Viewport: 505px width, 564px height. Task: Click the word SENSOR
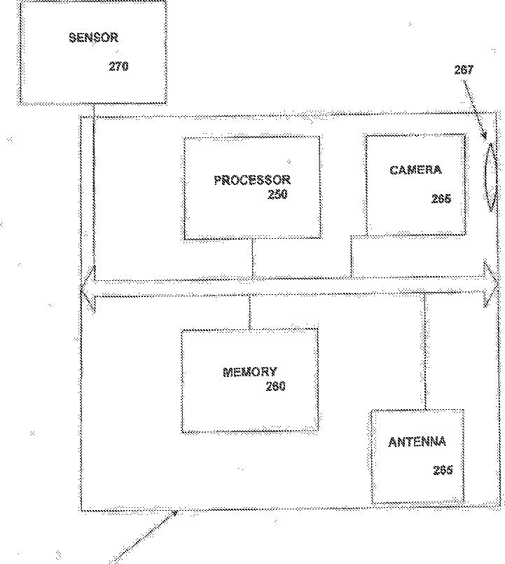[x=93, y=38]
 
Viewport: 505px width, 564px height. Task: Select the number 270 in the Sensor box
[x=119, y=67]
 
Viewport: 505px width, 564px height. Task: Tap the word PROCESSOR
[x=251, y=180]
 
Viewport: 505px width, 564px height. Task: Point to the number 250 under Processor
[x=277, y=195]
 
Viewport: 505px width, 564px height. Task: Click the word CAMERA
[x=416, y=170]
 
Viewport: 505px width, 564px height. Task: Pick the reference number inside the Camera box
[x=441, y=199]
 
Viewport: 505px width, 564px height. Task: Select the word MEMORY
[x=249, y=372]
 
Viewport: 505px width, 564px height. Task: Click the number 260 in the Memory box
[x=275, y=386]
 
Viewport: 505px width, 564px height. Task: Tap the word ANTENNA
[x=417, y=442]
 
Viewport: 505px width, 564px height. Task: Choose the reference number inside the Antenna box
[x=442, y=470]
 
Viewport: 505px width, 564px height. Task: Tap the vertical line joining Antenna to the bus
[x=424, y=350]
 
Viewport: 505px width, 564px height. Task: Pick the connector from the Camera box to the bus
[x=352, y=256]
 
